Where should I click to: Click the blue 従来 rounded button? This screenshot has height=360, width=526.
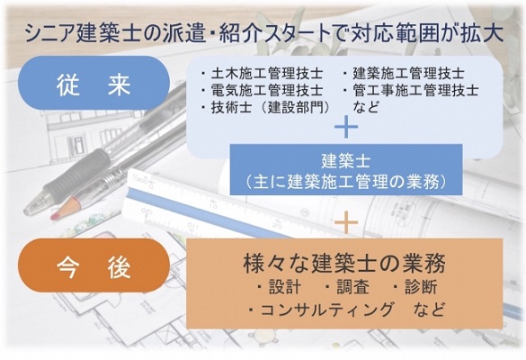click(94, 83)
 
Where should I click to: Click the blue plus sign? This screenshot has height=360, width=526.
click(346, 127)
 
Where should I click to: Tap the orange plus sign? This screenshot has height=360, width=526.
click(346, 222)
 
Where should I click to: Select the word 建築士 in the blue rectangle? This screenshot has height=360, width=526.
click(346, 161)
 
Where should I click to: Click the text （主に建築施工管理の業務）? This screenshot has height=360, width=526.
click(346, 182)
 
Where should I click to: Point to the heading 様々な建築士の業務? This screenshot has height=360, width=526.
click(344, 264)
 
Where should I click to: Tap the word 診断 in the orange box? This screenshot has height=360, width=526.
click(421, 287)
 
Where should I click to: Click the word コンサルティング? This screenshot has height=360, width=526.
click(326, 310)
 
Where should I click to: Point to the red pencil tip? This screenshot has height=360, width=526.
click(54, 216)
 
